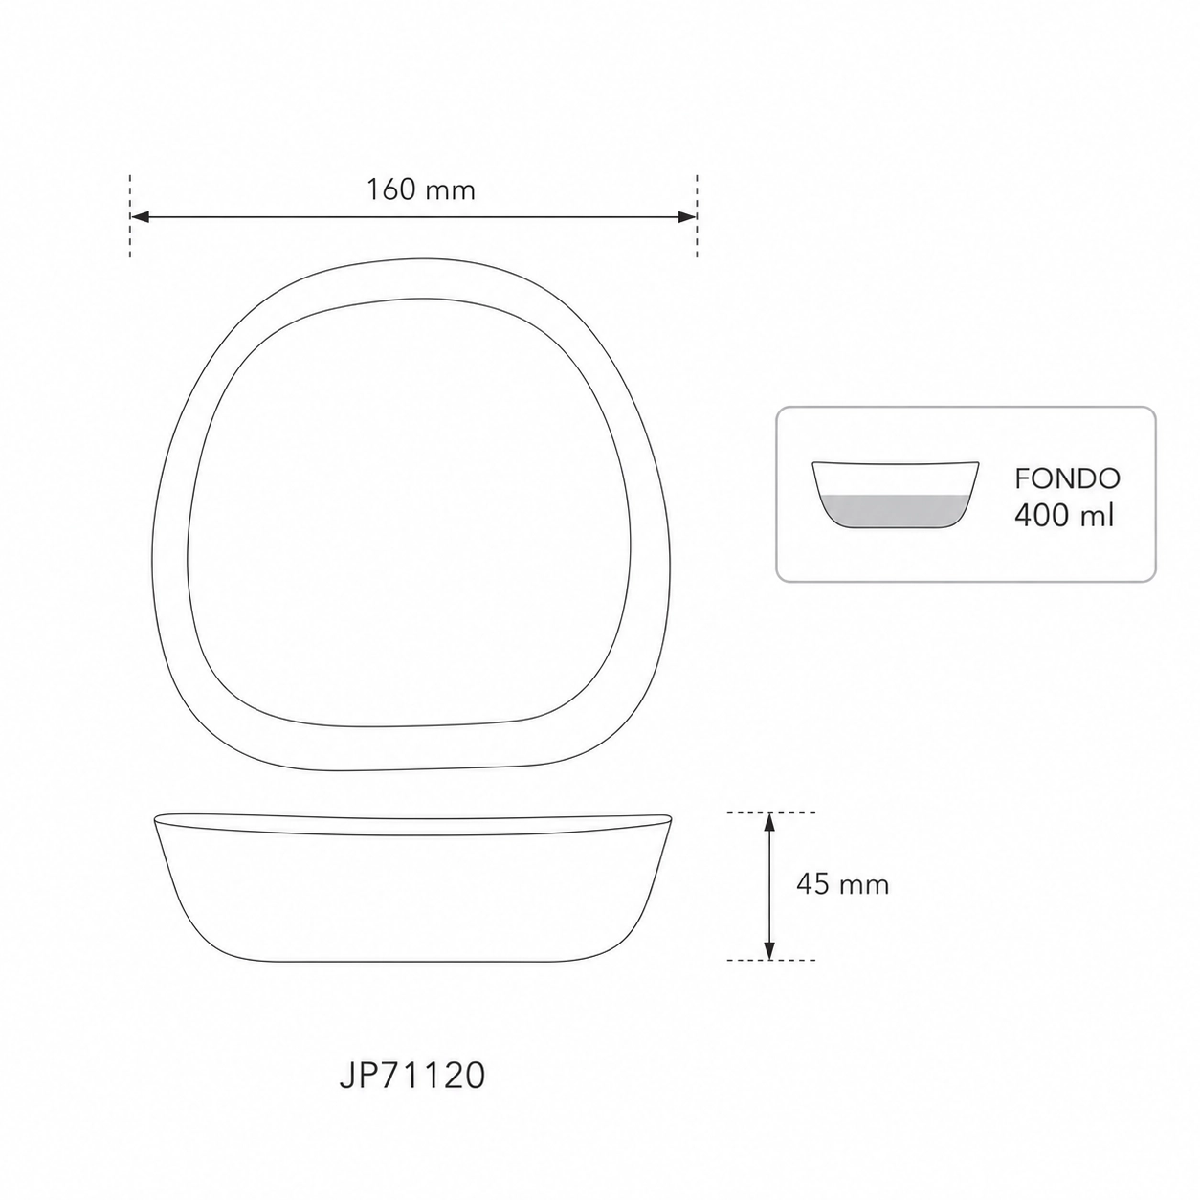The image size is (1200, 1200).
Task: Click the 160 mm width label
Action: click(x=421, y=189)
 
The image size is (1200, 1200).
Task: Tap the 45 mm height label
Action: click(x=842, y=884)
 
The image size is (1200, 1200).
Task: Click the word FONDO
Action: click(x=1067, y=478)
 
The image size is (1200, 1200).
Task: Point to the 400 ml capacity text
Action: click(x=1063, y=515)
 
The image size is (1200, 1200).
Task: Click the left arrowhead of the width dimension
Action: click(x=140, y=216)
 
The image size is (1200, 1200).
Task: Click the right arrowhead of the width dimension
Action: click(x=686, y=216)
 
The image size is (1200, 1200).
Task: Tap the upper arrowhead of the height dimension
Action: click(x=769, y=823)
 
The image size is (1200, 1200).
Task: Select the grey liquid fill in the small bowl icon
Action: click(x=894, y=511)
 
